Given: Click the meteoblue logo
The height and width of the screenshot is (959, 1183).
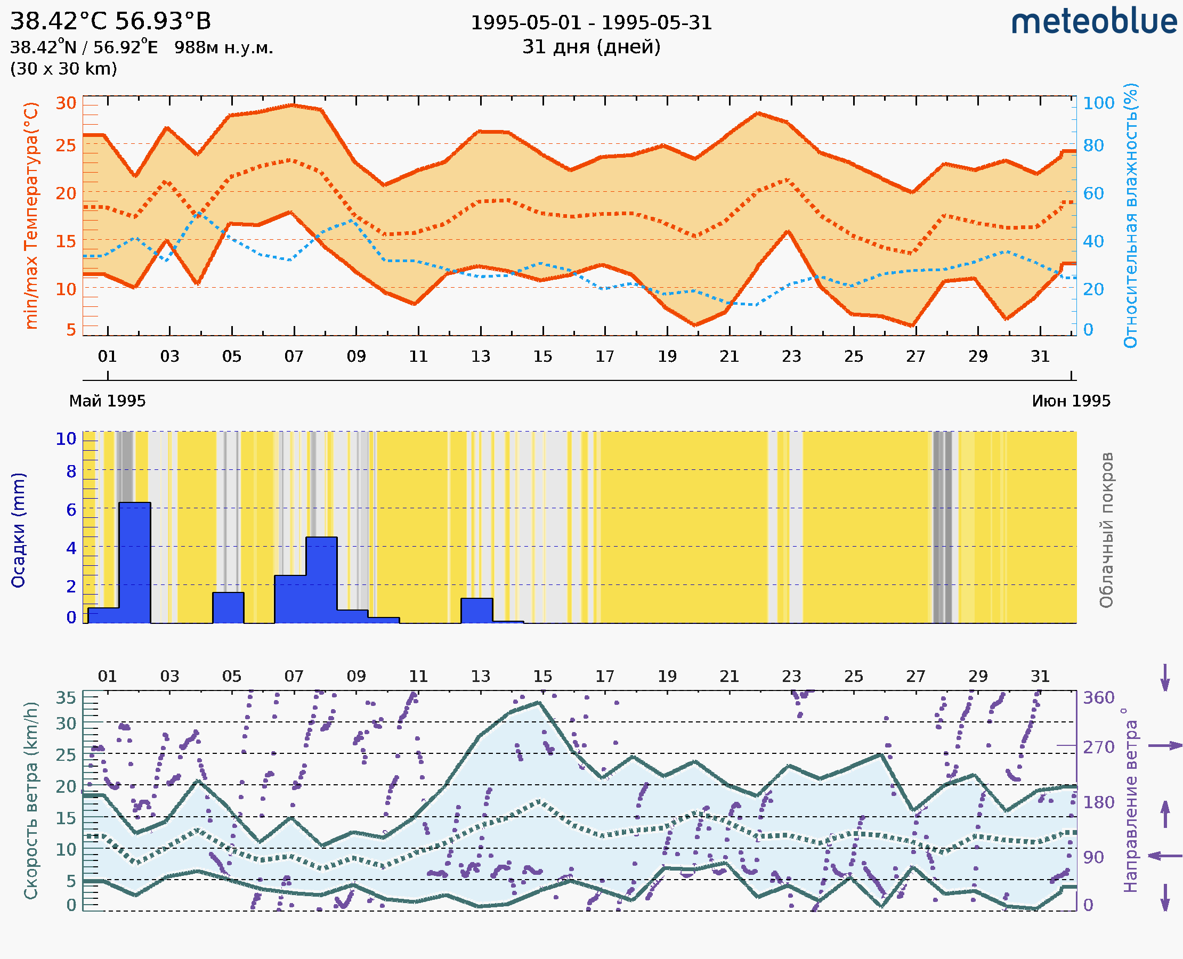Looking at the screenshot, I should (x=1093, y=22).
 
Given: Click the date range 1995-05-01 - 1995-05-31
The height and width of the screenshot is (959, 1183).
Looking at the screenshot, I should (x=591, y=23).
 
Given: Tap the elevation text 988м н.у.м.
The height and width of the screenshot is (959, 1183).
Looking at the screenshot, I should (x=223, y=48).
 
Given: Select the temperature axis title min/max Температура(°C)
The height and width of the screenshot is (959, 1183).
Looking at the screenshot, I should (x=31, y=215).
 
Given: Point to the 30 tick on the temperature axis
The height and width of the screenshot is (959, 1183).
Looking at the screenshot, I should (x=66, y=103).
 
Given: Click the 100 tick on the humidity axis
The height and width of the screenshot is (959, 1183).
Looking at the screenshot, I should (x=1098, y=103).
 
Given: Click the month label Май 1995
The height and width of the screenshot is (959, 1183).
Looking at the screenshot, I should (x=107, y=401).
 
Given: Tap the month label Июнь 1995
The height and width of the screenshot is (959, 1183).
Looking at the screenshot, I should (x=1071, y=401).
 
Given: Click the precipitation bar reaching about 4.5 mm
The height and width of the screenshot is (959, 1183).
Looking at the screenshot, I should (x=321, y=580).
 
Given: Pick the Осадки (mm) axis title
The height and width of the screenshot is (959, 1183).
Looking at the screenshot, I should (x=18, y=530).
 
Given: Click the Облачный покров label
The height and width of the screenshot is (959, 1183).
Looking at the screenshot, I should (x=1106, y=530).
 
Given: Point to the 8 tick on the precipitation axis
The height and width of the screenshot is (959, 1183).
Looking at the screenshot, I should (x=71, y=472).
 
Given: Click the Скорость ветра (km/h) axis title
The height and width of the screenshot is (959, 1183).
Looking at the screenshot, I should (x=31, y=800).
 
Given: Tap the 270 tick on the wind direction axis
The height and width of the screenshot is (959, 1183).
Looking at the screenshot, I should (x=1098, y=747).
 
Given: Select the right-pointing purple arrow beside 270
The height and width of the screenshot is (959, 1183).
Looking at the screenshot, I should (x=1164, y=746).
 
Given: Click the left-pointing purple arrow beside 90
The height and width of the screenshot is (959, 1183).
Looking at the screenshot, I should (x=1164, y=856).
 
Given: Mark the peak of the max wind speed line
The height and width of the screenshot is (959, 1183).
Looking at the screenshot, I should (x=539, y=703).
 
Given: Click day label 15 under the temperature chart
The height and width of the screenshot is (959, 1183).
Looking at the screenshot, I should (x=542, y=357).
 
